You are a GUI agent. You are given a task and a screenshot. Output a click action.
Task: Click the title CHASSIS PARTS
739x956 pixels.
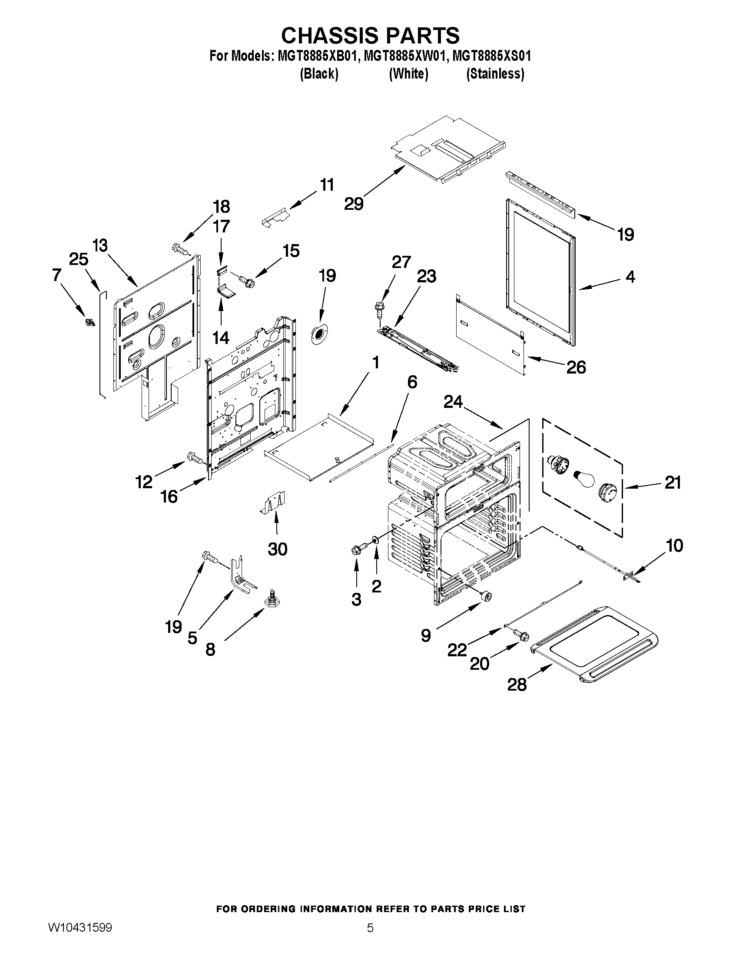[370, 36]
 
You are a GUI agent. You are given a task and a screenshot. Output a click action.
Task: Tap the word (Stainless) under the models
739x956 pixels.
[495, 74]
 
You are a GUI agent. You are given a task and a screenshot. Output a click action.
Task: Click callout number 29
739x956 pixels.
[354, 204]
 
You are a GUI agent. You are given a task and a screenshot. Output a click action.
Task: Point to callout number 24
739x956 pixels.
[453, 401]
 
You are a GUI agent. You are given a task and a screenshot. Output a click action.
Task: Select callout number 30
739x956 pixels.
[277, 549]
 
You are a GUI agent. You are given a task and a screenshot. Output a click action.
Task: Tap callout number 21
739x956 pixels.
[673, 483]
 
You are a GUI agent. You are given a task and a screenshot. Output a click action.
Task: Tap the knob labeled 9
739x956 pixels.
[486, 595]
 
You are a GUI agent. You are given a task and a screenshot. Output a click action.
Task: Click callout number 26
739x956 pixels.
[576, 367]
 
